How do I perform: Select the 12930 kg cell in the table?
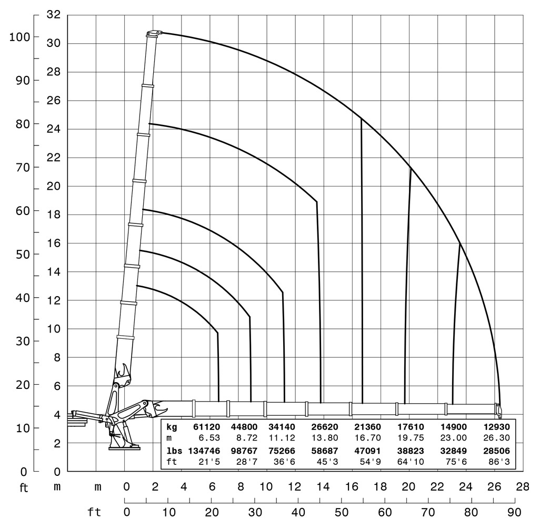tap(496, 426)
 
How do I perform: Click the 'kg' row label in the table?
tap(172, 426)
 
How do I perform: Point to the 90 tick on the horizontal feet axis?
tap(514, 511)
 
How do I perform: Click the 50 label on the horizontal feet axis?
tap(342, 511)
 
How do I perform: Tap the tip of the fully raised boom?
tap(153, 33)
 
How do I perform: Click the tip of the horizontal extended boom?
tap(498, 410)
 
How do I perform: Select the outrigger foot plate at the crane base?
tap(124, 447)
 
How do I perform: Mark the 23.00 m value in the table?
tap(453, 437)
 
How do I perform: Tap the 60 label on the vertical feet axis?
tap(22, 211)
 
